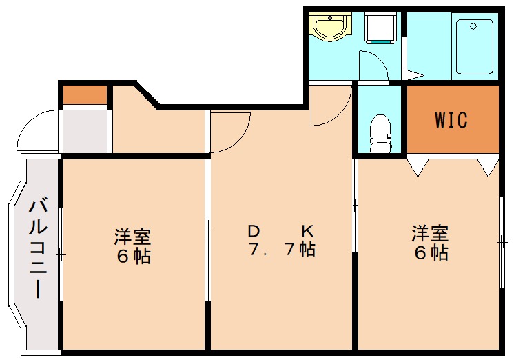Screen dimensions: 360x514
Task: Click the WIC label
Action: point(451,119)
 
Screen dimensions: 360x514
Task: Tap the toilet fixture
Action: point(380,132)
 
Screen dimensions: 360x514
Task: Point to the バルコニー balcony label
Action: point(39,248)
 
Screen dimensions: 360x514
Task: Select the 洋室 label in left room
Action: point(133,237)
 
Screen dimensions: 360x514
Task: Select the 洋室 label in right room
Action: point(431,232)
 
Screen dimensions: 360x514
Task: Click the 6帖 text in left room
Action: point(133,257)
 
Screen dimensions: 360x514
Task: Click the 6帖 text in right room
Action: point(431,252)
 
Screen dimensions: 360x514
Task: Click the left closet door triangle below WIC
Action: point(418,167)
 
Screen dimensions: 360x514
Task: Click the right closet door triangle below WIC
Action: point(489,167)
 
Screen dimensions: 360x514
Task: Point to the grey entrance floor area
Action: point(85,131)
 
